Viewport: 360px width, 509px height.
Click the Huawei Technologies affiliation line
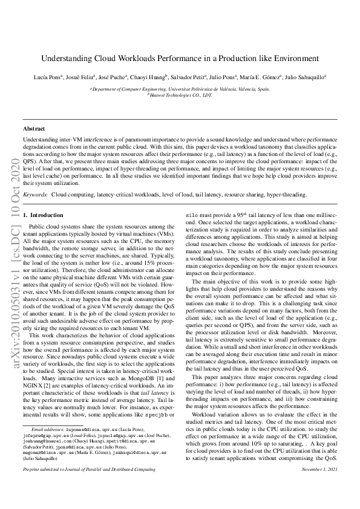pyautogui.click(x=180, y=95)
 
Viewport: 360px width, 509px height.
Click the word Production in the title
pyautogui.click(x=227, y=59)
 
